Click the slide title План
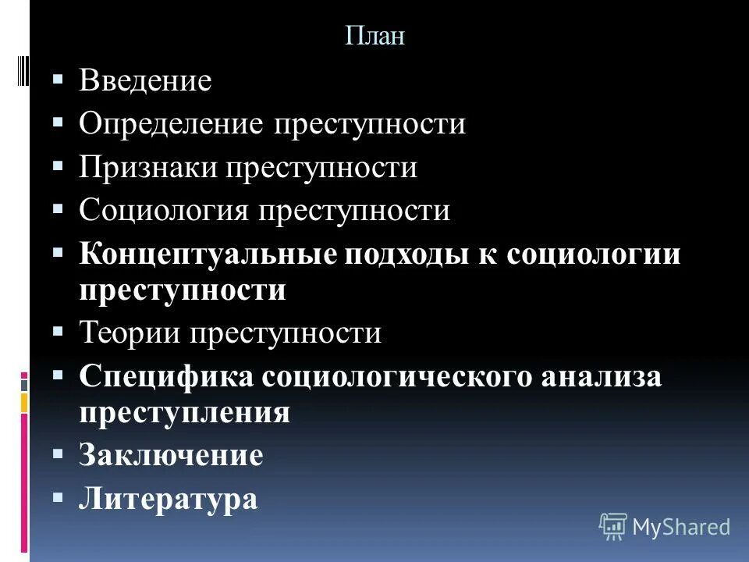[374, 37]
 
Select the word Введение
[145, 82]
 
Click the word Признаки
[147, 169]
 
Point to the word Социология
[164, 211]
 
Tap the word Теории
[130, 334]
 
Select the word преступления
[184, 413]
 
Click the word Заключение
[171, 456]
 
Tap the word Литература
[168, 499]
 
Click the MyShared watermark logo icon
[613, 526]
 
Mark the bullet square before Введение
[59, 80]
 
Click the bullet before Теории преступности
[59, 332]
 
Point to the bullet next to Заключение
[59, 453]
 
